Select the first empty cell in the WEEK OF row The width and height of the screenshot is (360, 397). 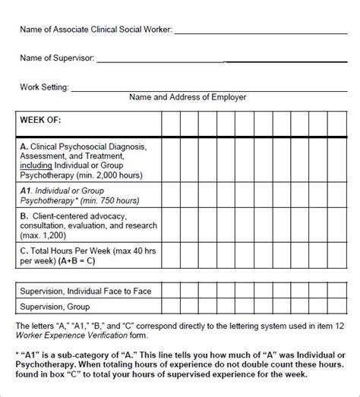pyautogui.click(x=169, y=124)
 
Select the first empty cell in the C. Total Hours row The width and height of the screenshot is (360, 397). pyautogui.click(x=169, y=254)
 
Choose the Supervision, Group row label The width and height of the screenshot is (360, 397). pyautogui.click(x=55, y=307)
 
